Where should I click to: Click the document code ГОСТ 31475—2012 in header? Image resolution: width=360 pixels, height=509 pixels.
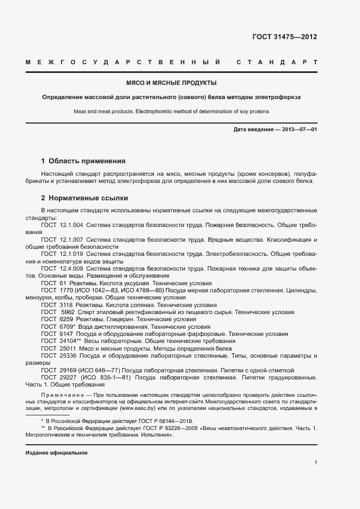point(284,38)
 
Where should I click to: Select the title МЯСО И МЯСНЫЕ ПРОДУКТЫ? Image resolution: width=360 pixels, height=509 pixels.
point(172,83)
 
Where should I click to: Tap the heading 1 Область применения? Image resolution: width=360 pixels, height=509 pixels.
point(83,161)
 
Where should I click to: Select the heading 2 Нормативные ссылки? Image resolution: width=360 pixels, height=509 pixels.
point(84,198)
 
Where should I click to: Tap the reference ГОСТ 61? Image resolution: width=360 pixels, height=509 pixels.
point(53,284)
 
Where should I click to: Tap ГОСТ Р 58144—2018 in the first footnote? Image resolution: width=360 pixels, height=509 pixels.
point(157,421)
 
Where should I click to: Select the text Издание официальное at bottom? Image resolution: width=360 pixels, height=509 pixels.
point(57,453)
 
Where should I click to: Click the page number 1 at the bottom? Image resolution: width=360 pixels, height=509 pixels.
point(315,462)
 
